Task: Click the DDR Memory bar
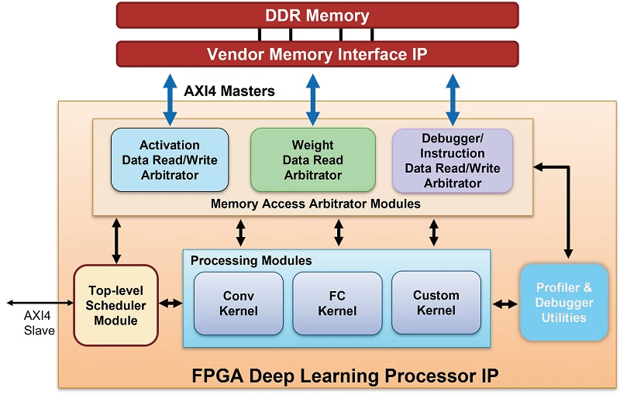tap(317, 15)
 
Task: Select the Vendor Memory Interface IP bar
tap(317, 54)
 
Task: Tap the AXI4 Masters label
tap(229, 91)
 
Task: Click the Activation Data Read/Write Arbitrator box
tap(170, 160)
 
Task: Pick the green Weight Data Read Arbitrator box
tap(312, 160)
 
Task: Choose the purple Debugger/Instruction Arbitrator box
tap(453, 160)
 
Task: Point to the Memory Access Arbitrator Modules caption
tap(315, 204)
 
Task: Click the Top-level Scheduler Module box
tap(115, 304)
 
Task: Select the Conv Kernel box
tap(239, 303)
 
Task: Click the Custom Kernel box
tap(436, 303)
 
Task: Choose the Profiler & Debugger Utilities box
tap(563, 302)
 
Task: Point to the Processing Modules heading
tap(251, 260)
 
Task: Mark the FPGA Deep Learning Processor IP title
tap(345, 376)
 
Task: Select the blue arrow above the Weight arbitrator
tap(312, 98)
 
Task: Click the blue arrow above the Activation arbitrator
tap(170, 98)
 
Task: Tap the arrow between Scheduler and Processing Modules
tap(170, 303)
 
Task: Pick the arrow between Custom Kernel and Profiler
tap(506, 304)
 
